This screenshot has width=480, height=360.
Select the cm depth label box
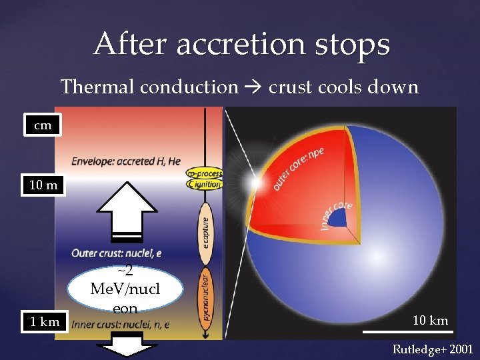click(42, 125)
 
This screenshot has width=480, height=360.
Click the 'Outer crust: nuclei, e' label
click(117, 253)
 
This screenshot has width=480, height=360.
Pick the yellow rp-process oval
click(205, 174)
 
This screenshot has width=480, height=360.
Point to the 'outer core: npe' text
click(298, 167)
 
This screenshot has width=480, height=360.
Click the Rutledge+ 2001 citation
click(431, 349)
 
